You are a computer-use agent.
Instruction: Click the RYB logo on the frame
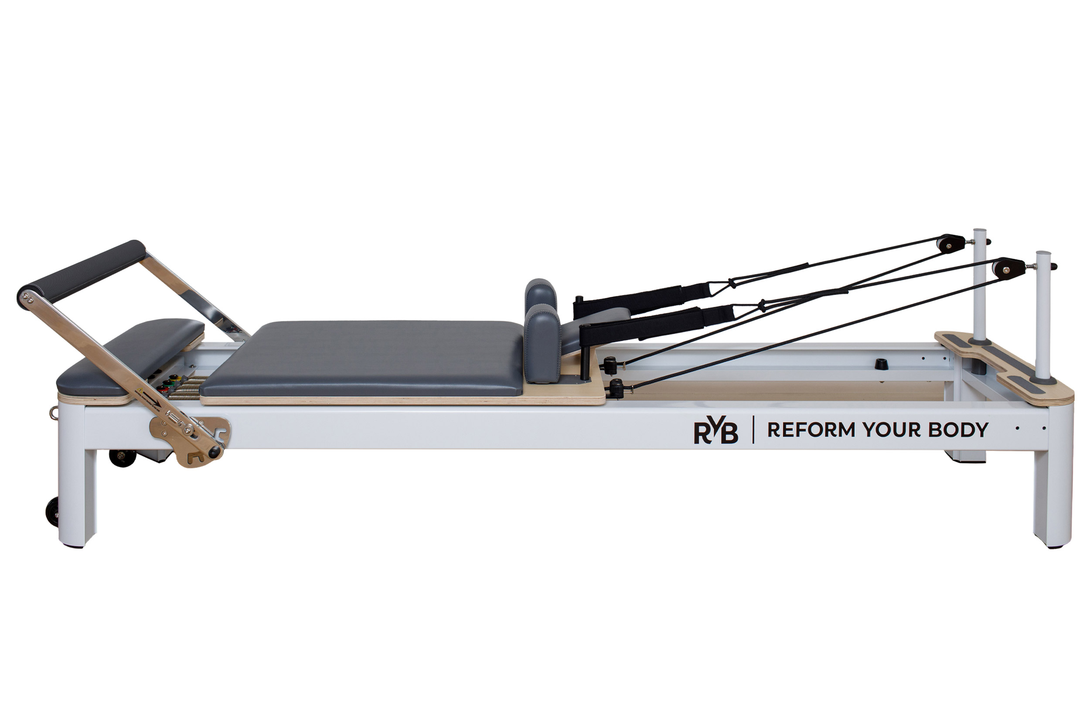pyautogui.click(x=715, y=432)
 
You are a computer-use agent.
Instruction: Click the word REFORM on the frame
pyautogui.click(x=811, y=430)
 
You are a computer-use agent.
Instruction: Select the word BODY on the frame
pyautogui.click(x=958, y=430)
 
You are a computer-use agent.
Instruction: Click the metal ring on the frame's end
pyautogui.click(x=54, y=411)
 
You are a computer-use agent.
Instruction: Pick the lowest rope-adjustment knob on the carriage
pyautogui.click(x=617, y=388)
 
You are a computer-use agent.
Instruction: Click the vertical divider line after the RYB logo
pyautogui.click(x=753, y=430)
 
